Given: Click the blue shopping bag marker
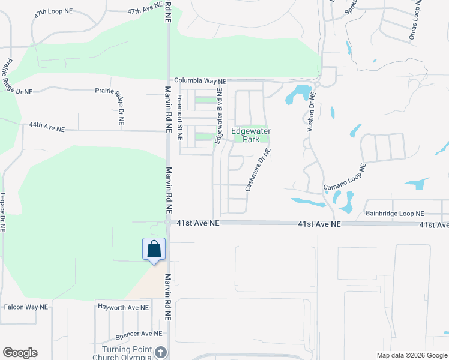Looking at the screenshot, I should click(154, 249).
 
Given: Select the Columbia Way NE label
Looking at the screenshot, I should click(200, 81).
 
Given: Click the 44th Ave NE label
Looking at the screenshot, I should click(46, 126).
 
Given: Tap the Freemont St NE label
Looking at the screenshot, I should click(179, 118).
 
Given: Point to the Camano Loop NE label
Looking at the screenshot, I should click(345, 178).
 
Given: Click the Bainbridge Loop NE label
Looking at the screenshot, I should click(394, 213).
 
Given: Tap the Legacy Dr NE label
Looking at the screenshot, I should click(3, 212).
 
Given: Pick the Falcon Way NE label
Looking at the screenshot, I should click(26, 307).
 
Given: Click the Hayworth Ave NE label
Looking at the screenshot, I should click(122, 307).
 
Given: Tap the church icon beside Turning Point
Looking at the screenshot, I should click(160, 352).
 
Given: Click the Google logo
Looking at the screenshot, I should click(20, 353).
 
